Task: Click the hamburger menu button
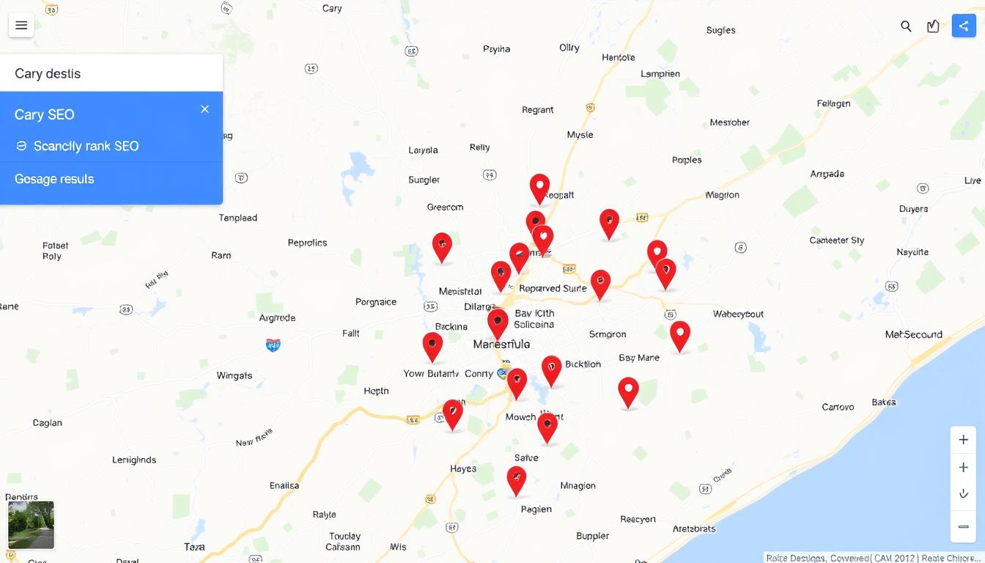tap(21, 26)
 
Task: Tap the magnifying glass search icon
tap(906, 26)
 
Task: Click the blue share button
tap(963, 26)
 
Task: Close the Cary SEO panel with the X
tap(204, 109)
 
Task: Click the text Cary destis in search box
tap(48, 73)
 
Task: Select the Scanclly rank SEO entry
tap(86, 146)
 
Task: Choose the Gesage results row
tap(54, 179)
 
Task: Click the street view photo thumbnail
tap(31, 525)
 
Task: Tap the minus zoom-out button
tap(963, 526)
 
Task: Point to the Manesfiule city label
tap(501, 344)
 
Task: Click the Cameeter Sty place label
tap(836, 240)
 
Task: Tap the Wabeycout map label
tap(738, 314)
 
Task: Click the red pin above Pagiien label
tap(517, 479)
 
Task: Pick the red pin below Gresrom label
tap(442, 246)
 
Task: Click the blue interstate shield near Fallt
tap(273, 344)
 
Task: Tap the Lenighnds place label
tap(134, 460)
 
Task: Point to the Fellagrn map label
tap(833, 103)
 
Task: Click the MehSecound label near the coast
tap(913, 334)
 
